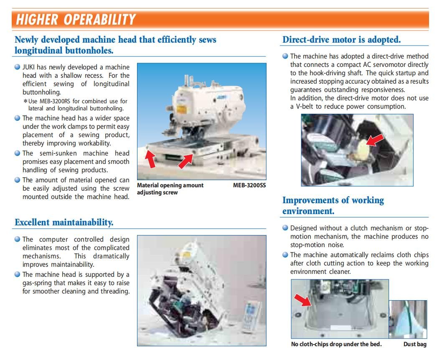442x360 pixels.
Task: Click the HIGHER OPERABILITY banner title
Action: pos(76,20)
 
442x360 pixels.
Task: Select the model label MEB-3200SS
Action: pos(249,185)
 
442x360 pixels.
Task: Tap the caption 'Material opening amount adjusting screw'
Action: pos(170,189)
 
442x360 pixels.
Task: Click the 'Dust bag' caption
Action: pos(415,344)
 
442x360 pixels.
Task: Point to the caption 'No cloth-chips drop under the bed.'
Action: pos(336,344)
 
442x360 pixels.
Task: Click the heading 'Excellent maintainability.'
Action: pos(64,222)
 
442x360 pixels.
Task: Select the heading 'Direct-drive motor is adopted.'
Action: pos(341,39)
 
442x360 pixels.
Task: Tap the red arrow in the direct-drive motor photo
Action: pos(375,140)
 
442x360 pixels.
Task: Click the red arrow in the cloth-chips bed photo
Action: pos(303,300)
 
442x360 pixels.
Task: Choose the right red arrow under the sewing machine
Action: pos(186,162)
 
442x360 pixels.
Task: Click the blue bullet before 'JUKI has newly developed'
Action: pos(18,67)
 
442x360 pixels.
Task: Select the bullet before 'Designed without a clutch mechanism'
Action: pos(285,228)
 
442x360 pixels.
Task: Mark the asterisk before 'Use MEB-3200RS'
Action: pos(25,101)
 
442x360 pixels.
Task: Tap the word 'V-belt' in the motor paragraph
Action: pos(305,107)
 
